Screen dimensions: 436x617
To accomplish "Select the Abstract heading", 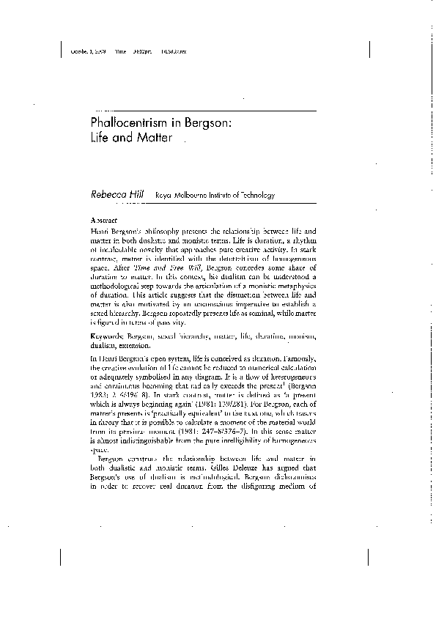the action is [104, 219].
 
